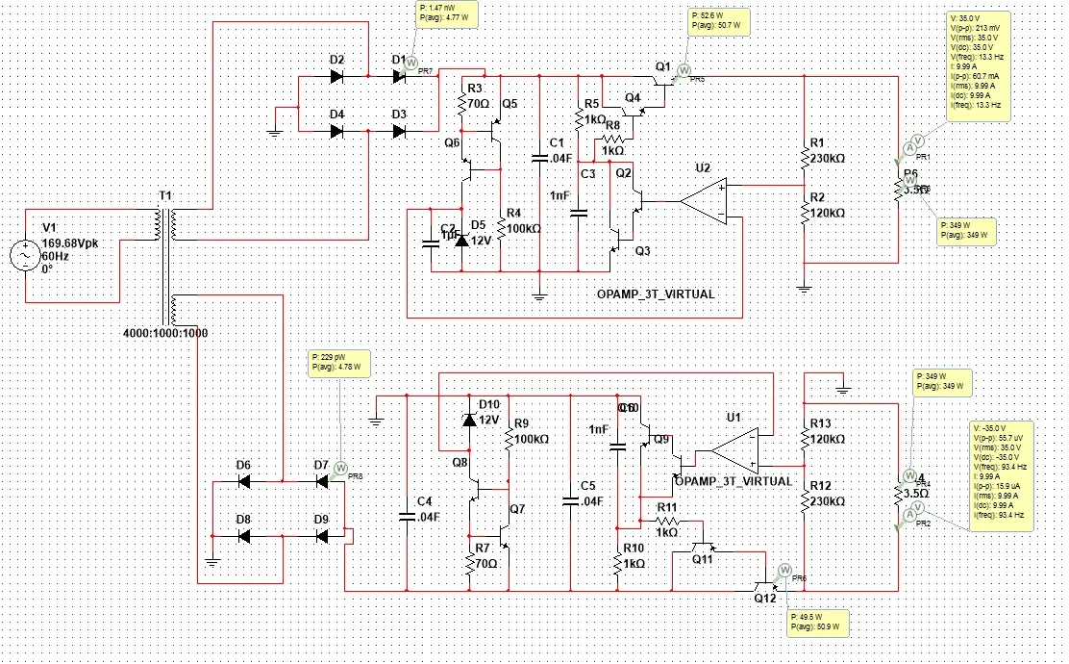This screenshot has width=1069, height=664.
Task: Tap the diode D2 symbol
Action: pos(336,75)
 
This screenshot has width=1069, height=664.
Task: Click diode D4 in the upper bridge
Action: pos(336,131)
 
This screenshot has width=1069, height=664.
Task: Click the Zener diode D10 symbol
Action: pos(470,420)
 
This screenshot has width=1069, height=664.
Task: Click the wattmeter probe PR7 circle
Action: pos(410,62)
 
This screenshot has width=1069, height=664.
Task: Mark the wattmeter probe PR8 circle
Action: pos(338,466)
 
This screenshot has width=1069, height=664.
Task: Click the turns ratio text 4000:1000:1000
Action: pos(165,333)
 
